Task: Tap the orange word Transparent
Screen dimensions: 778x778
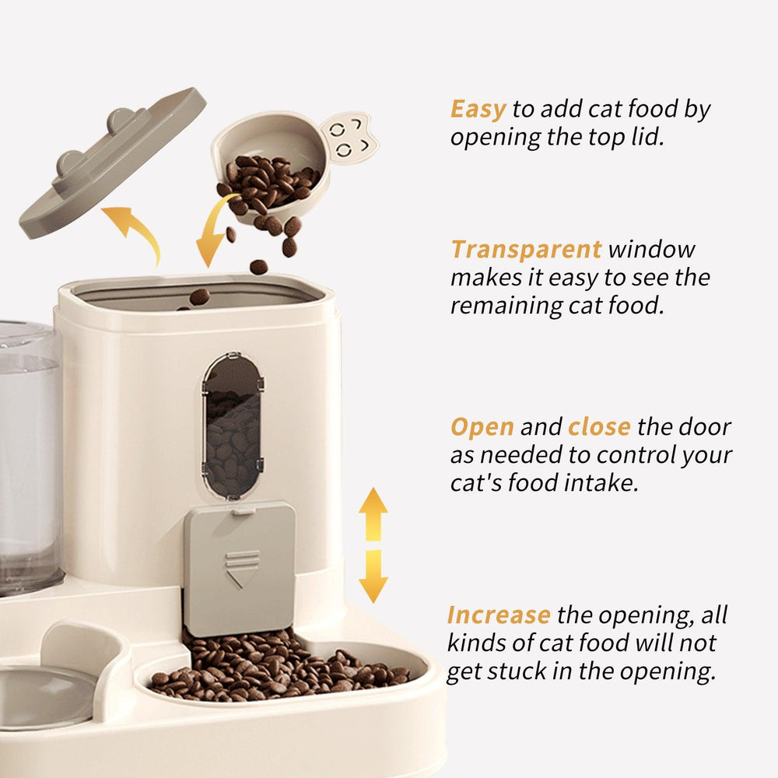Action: [x=526, y=249]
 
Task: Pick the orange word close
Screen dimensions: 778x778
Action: [x=599, y=426]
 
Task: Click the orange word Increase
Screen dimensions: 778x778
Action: [x=499, y=615]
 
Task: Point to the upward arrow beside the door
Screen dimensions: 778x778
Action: [x=373, y=514]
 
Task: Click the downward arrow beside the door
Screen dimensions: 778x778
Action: [x=373, y=576]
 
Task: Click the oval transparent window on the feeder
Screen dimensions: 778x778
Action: [x=232, y=426]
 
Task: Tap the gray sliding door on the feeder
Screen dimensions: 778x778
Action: [x=240, y=568]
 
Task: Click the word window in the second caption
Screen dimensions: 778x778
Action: [x=651, y=249]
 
